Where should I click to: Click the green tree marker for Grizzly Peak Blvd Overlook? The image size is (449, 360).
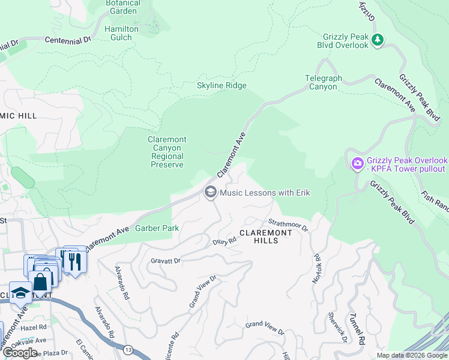[x=378, y=40]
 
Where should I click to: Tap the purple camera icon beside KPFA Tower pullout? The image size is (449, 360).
[x=357, y=163]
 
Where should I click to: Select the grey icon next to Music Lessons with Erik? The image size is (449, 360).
[x=210, y=192]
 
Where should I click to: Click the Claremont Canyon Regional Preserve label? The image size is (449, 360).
[x=167, y=152]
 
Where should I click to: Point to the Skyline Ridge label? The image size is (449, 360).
[x=221, y=86]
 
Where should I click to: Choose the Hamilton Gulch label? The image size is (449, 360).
[x=121, y=33]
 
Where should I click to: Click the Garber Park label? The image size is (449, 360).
[x=157, y=229]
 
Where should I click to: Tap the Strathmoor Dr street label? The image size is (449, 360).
[x=288, y=224]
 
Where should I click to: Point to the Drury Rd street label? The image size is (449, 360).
[x=225, y=241]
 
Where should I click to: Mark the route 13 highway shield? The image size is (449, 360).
[x=128, y=349]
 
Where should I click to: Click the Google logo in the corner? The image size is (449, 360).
[x=20, y=353]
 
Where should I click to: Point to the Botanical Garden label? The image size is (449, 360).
[x=122, y=7]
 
